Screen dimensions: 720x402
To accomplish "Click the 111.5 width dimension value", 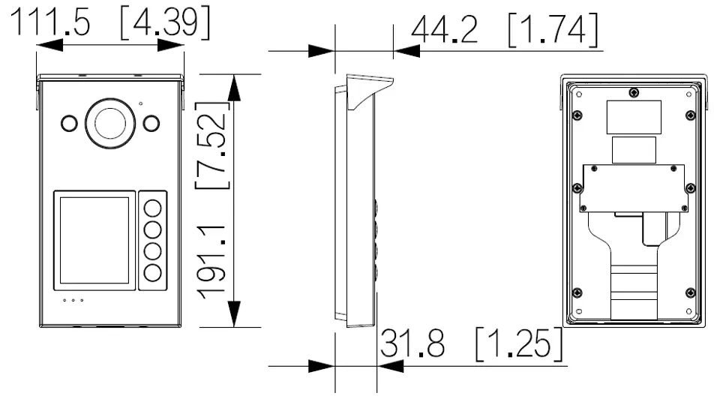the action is click(49, 21).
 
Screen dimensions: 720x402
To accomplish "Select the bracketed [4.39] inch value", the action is click(165, 22).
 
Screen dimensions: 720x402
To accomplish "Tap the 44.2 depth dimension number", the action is click(445, 29).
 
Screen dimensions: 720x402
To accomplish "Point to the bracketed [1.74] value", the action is click(553, 29).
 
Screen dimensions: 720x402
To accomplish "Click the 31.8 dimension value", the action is click(412, 343).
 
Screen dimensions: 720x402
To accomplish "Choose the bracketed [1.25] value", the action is click(519, 343).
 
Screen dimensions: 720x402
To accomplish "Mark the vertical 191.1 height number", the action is click(211, 262).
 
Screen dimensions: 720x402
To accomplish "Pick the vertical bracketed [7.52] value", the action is click(211, 145).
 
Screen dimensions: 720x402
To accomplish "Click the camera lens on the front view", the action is click(110, 123).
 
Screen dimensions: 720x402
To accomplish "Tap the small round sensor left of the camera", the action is click(69, 124).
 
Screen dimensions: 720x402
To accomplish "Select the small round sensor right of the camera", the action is click(151, 123).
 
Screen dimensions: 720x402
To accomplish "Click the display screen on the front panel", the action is click(94, 240).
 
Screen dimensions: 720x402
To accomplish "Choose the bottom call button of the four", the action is click(153, 273).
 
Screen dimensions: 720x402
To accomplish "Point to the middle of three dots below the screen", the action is click(73, 301).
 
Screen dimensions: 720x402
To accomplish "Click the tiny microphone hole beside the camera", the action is click(140, 103).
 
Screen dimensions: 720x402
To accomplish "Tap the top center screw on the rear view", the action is click(634, 93).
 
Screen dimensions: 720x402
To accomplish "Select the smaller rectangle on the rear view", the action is click(634, 150).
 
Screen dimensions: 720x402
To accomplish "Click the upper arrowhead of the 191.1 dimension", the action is click(234, 88).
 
